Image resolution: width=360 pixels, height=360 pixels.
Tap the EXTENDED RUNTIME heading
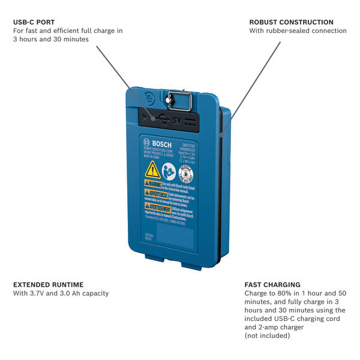pos(48,284)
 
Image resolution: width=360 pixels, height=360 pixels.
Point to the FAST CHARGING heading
pos(272,284)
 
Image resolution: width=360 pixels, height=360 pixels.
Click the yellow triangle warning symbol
pos(152,169)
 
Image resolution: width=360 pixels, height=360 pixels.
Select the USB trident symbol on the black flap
pos(164,117)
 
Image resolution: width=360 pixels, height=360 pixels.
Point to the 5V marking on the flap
pos(176,119)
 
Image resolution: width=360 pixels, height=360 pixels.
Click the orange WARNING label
pos(153,183)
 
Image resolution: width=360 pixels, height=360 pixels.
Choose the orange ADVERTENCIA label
pos(155,194)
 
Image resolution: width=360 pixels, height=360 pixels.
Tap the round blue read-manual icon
pos(169,171)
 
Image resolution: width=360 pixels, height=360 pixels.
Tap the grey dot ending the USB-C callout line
pos(154,118)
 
